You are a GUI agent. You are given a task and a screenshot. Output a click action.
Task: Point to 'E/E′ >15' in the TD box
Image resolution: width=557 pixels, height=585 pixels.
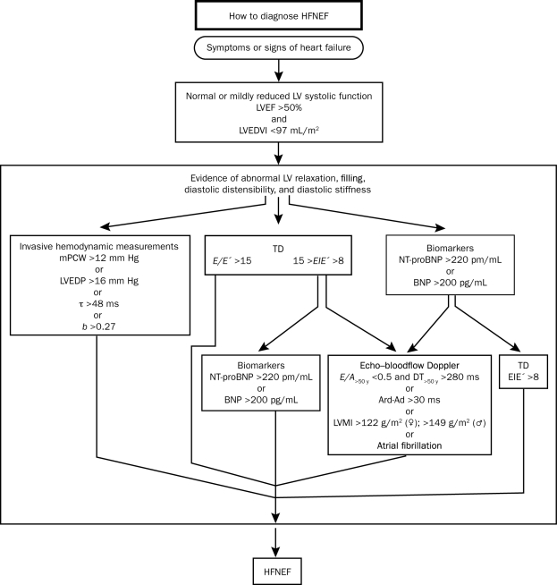click(x=232, y=259)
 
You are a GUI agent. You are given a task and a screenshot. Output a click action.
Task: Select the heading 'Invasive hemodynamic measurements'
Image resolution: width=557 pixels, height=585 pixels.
click(x=95, y=245)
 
